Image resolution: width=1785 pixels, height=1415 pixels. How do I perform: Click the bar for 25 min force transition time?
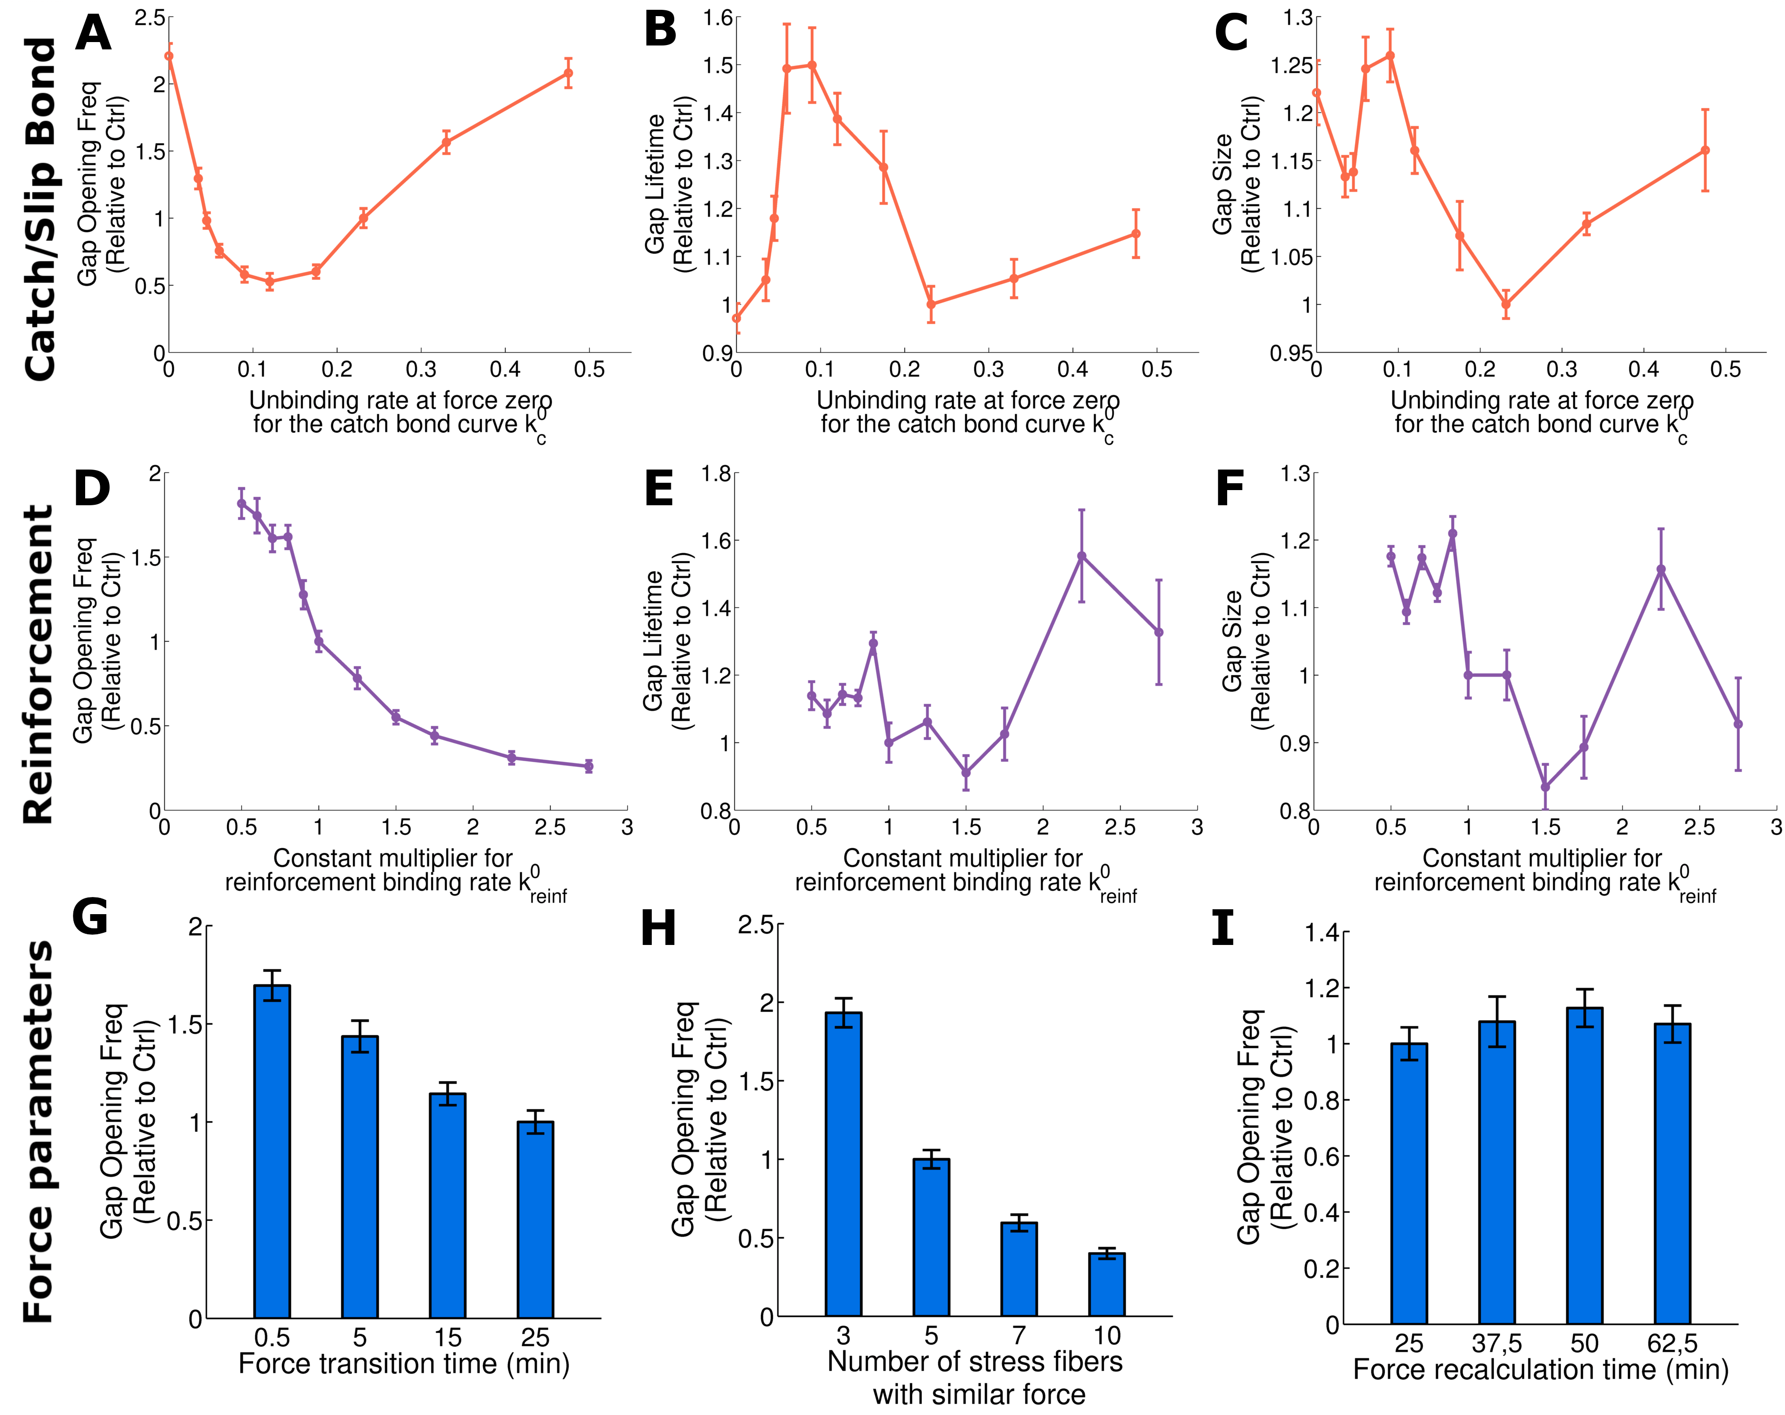(535, 1220)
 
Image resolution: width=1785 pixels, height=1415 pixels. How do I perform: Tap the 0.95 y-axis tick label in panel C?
(1291, 353)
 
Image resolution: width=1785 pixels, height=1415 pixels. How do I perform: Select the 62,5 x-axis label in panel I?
(1672, 1343)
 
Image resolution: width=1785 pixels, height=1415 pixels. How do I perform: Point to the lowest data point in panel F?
(1545, 786)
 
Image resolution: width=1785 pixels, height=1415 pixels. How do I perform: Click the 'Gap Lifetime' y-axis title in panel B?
(655, 184)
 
